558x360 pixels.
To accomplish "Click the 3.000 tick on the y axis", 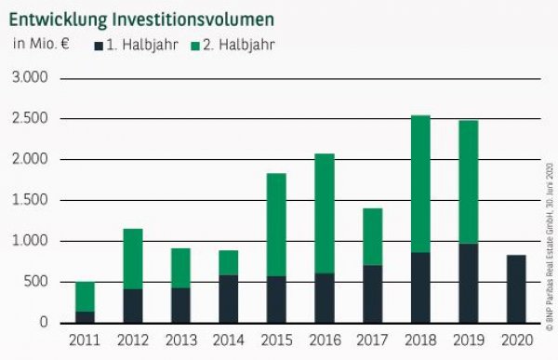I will tap(29, 78).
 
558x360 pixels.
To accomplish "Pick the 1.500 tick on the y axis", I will tap(29, 200).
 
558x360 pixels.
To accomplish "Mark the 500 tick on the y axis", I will tap(34, 282).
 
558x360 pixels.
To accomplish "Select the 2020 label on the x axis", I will tap(517, 340).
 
